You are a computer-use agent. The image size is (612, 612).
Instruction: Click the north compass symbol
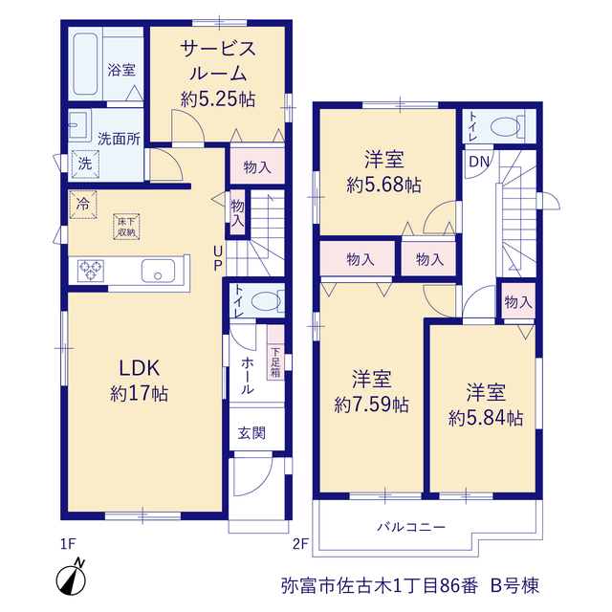tap(72, 578)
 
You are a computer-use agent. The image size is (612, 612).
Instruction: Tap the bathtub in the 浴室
tap(85, 64)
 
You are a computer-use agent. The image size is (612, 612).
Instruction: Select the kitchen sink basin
tap(158, 271)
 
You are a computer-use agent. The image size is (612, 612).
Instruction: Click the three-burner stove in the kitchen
tap(91, 271)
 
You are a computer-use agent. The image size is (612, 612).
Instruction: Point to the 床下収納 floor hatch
tap(126, 227)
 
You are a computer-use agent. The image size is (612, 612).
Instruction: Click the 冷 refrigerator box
tap(83, 204)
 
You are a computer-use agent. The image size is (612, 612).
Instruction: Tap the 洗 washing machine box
tap(85, 164)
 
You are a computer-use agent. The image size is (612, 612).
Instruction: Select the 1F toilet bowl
tap(266, 302)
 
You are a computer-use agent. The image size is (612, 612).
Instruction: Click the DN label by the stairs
tap(479, 162)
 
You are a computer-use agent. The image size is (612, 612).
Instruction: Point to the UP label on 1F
tap(218, 257)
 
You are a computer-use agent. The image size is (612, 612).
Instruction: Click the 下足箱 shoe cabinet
tap(275, 352)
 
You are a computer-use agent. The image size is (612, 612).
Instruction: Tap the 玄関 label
tap(251, 433)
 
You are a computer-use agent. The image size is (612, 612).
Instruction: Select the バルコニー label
tap(411, 527)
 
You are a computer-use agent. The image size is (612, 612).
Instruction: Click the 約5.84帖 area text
tap(486, 419)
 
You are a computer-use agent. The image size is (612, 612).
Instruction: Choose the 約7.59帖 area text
tap(372, 404)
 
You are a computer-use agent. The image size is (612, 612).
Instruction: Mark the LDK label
tap(140, 368)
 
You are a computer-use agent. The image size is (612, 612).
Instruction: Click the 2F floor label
tap(300, 543)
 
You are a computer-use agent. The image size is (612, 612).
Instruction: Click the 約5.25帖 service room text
tap(218, 99)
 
